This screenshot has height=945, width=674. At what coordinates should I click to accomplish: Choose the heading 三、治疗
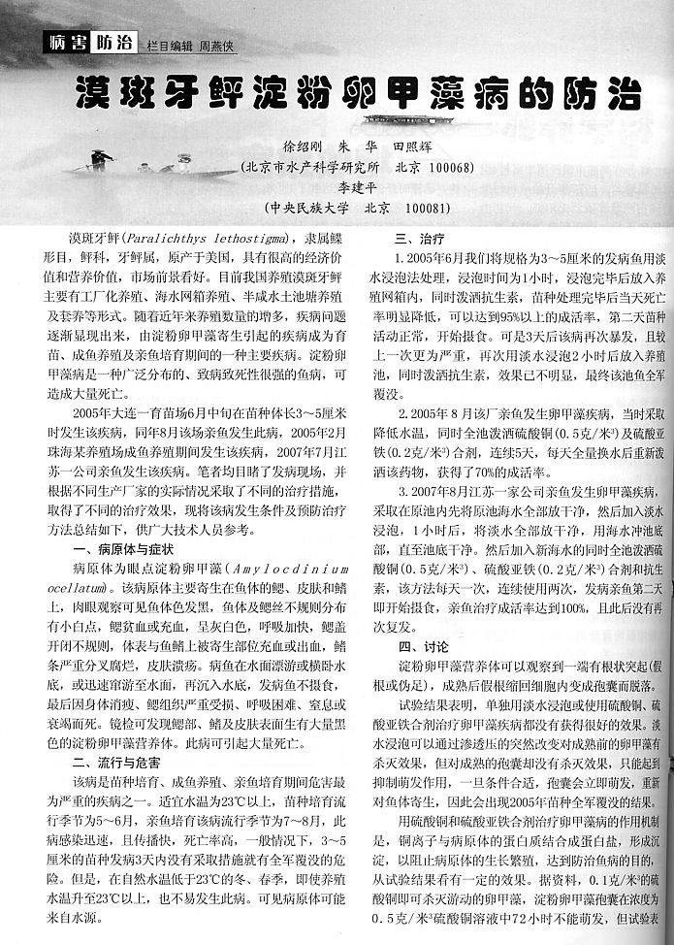tap(419, 239)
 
